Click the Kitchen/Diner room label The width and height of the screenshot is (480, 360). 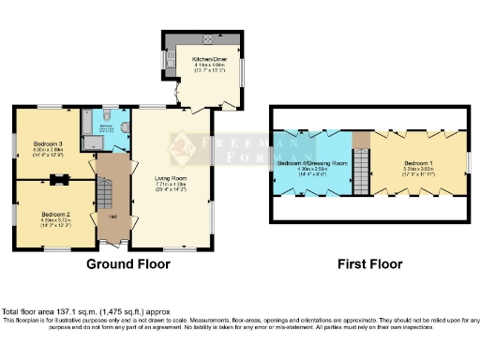point(203,58)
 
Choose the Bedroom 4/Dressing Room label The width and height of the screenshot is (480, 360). point(312,162)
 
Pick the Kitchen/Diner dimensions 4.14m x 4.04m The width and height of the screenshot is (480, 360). point(203,65)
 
